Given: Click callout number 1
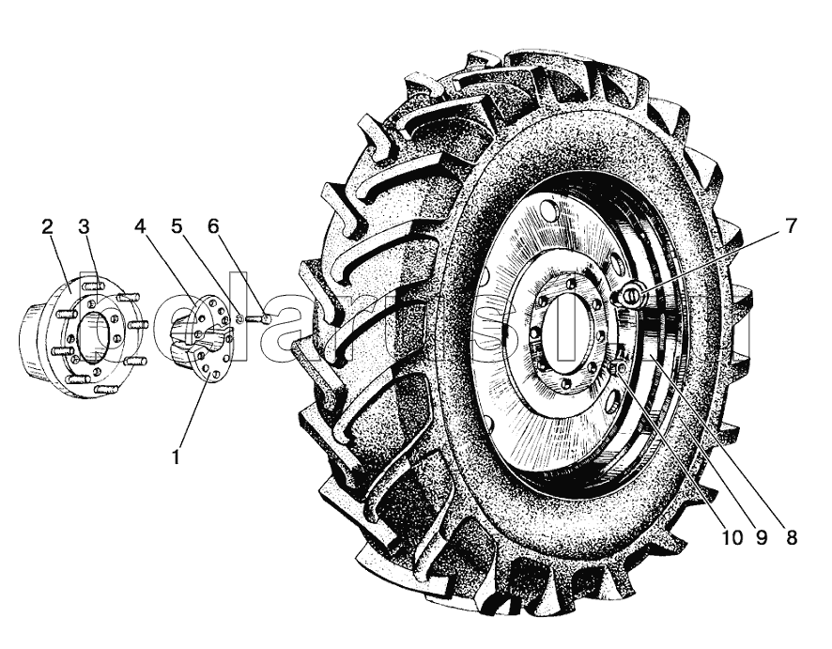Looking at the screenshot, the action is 177,456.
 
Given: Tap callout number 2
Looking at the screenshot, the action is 47,226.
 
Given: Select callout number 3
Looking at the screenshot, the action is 84,226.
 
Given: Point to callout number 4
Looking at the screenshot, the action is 139,226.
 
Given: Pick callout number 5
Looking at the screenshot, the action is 177,226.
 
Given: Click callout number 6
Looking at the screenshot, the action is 213,226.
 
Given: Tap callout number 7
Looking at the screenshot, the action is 791,226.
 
